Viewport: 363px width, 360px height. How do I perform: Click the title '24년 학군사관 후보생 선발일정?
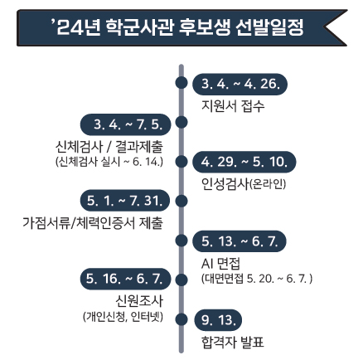coord(177,27)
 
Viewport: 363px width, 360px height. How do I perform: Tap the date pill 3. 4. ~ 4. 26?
coord(240,85)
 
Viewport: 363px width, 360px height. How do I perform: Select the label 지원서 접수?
coord(233,106)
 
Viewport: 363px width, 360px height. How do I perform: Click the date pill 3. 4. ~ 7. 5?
coord(126,124)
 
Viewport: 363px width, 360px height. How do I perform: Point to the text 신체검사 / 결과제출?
coord(109,147)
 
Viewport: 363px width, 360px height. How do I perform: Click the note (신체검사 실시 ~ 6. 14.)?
coord(109,162)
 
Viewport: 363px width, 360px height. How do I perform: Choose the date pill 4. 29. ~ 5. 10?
coord(244,162)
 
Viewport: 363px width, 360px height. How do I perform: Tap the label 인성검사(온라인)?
coord(244,184)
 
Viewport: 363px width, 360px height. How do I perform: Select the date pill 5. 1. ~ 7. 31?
coord(125,201)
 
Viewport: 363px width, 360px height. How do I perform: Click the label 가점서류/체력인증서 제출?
coord(93,223)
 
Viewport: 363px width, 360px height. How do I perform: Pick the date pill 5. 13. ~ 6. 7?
coord(240,241)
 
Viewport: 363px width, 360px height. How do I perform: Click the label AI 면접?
coord(220,263)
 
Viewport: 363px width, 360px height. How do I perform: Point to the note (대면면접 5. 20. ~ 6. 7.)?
coord(257,279)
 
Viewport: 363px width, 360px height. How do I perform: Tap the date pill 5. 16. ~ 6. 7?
coord(126,279)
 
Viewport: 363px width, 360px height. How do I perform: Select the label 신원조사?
coord(139,301)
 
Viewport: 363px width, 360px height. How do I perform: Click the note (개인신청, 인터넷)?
coord(123,316)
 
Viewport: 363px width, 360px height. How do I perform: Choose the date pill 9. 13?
coord(218,320)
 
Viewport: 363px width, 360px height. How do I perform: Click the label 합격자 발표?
coord(233,342)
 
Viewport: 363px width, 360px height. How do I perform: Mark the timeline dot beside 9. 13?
coord(181,319)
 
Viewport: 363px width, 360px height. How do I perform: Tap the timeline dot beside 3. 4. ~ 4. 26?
coord(181,83)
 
